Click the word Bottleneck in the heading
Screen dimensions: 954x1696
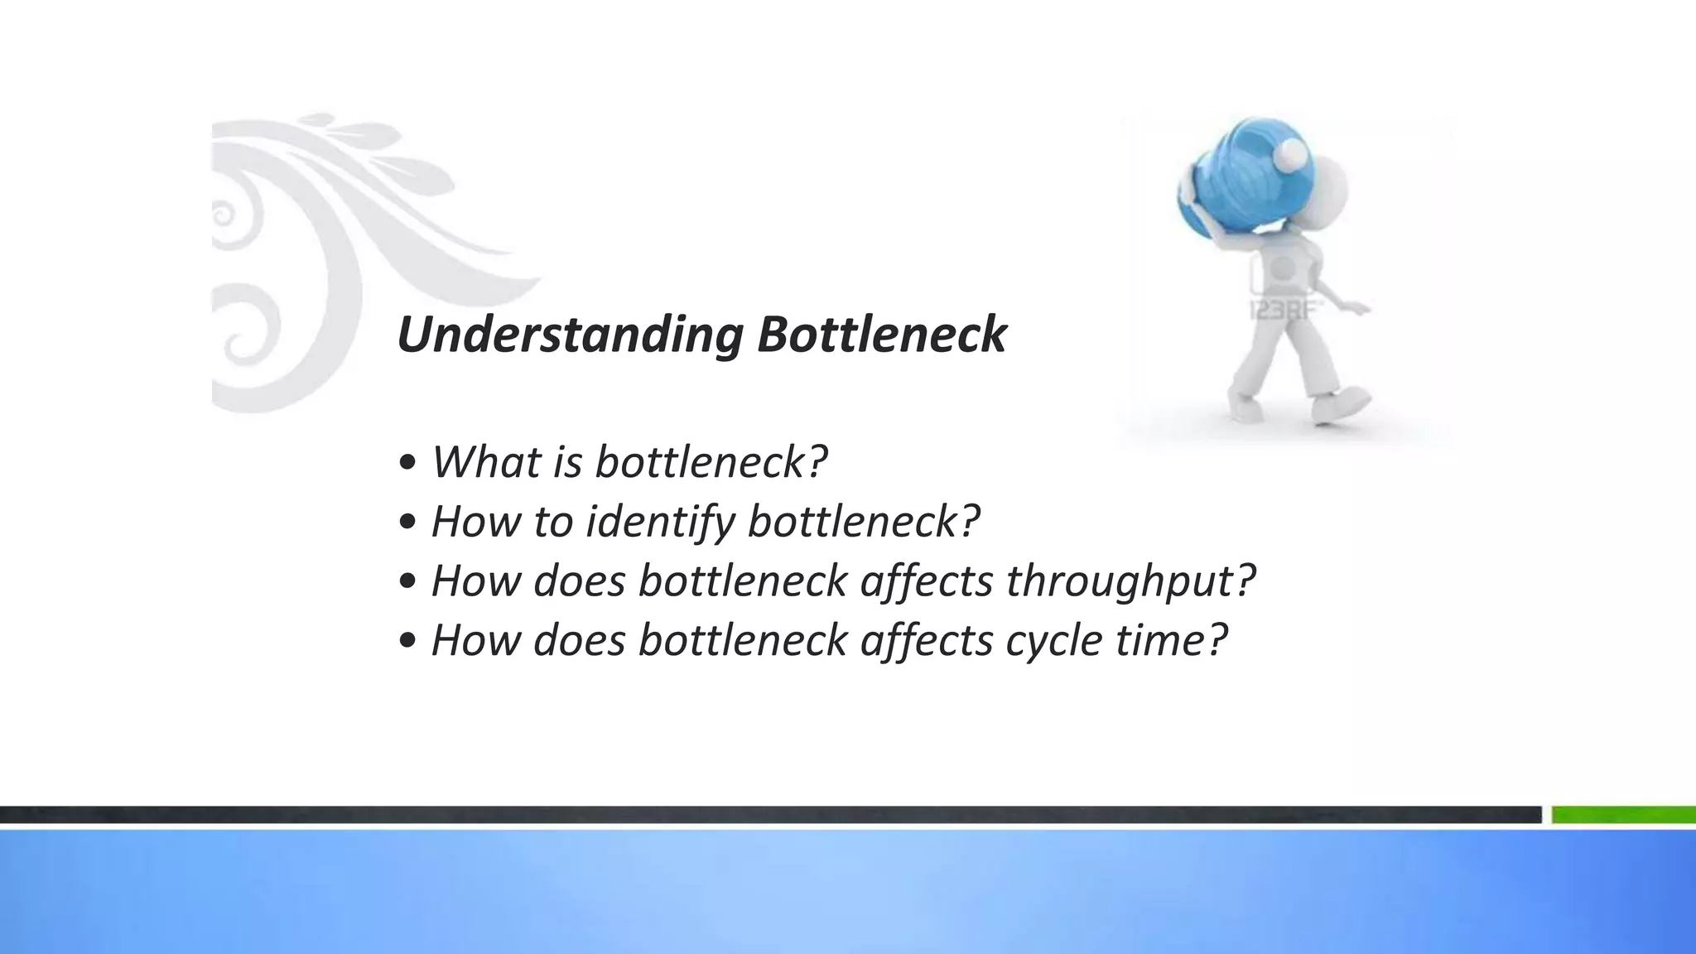pos(881,335)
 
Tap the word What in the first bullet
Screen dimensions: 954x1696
pos(484,461)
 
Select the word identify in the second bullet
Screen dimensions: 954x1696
pos(660,522)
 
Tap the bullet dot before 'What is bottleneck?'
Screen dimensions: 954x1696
pos(407,464)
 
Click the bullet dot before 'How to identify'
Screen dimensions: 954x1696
pos(407,523)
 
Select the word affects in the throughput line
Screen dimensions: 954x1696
pos(926,581)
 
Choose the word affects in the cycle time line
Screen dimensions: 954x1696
pos(926,640)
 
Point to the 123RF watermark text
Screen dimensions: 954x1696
pos(1284,311)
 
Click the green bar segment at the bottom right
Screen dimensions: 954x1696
pos(1623,816)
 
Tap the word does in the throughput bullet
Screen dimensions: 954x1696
pos(579,581)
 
